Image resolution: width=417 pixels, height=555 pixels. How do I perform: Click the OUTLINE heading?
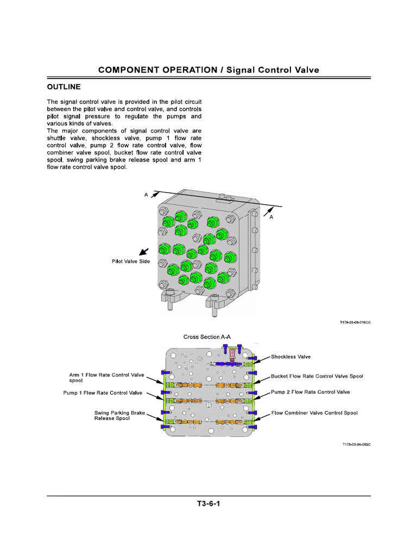pos(64,87)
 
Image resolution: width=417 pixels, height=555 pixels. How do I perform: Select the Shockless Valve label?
pos(290,357)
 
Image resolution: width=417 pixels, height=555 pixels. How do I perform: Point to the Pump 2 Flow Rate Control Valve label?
pos(310,392)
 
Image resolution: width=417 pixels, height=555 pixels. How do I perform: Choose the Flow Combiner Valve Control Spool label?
pos(314,412)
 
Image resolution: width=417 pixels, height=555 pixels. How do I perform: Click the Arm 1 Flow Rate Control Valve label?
pos(106,375)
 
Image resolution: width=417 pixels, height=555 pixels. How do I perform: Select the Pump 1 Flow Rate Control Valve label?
pos(102,392)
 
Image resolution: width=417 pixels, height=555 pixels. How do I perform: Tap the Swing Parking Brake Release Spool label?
pos(119,416)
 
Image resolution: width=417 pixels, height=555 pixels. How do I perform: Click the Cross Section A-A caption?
pos(207,337)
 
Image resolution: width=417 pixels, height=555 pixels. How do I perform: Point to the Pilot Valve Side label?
pos(131,261)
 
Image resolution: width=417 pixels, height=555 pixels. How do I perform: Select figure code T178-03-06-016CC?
pos(355,322)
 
